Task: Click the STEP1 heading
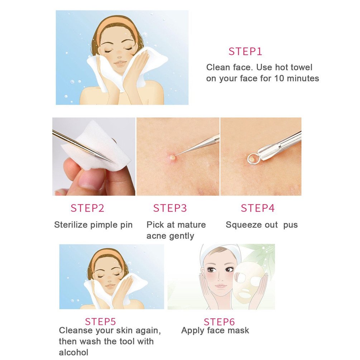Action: tap(245, 52)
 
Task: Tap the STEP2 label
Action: tap(87, 208)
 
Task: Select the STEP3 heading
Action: tap(170, 208)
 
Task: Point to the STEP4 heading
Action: tap(258, 208)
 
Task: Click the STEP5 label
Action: tap(100, 321)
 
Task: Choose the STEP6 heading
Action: tap(219, 322)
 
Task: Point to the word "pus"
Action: tap(291, 225)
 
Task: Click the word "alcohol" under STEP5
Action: tap(74, 352)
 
